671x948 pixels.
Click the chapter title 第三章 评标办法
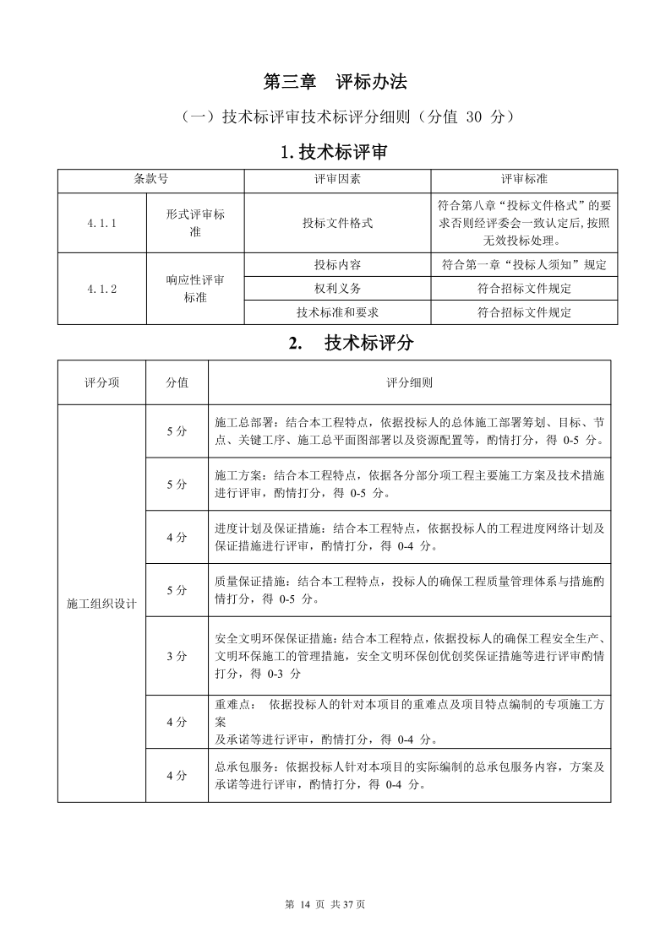pyautogui.click(x=335, y=82)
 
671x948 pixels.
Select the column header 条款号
pyautogui.click(x=150, y=180)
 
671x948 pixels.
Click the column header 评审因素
pyautogui.click(x=337, y=180)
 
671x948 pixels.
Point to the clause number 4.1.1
pyautogui.click(x=101, y=223)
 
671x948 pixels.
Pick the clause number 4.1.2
pyautogui.click(x=101, y=289)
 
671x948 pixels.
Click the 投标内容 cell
pyautogui.click(x=337, y=264)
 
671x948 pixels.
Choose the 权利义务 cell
pyautogui.click(x=337, y=289)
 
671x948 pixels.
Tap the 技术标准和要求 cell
pyautogui.click(x=337, y=312)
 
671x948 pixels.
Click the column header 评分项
pyautogui.click(x=101, y=382)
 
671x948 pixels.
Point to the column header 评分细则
pyautogui.click(x=409, y=382)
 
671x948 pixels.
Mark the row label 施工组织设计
pyautogui.click(x=101, y=604)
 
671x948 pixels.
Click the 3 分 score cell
pyautogui.click(x=177, y=656)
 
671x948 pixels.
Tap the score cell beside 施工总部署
pyautogui.click(x=177, y=431)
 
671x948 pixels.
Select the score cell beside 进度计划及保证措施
pyautogui.click(x=177, y=537)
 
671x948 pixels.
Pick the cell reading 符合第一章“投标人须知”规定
pyautogui.click(x=524, y=264)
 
